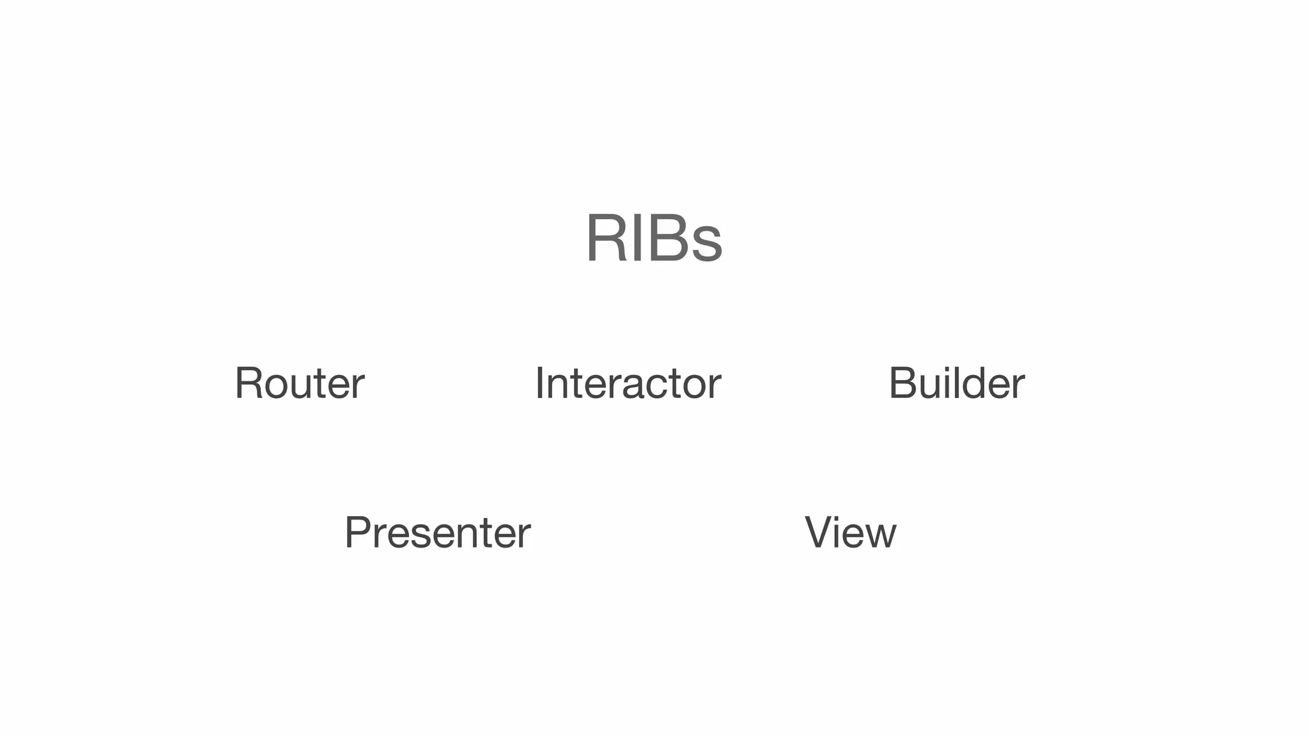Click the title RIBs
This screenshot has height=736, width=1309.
(654, 238)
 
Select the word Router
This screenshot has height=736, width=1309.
(300, 383)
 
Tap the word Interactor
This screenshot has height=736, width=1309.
(628, 383)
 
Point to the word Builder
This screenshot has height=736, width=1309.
(956, 383)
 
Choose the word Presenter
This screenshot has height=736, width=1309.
(437, 532)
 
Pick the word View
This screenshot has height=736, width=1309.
(850, 532)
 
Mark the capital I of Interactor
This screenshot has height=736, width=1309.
(539, 383)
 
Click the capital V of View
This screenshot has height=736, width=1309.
(817, 532)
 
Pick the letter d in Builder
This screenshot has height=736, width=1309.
(970, 383)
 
